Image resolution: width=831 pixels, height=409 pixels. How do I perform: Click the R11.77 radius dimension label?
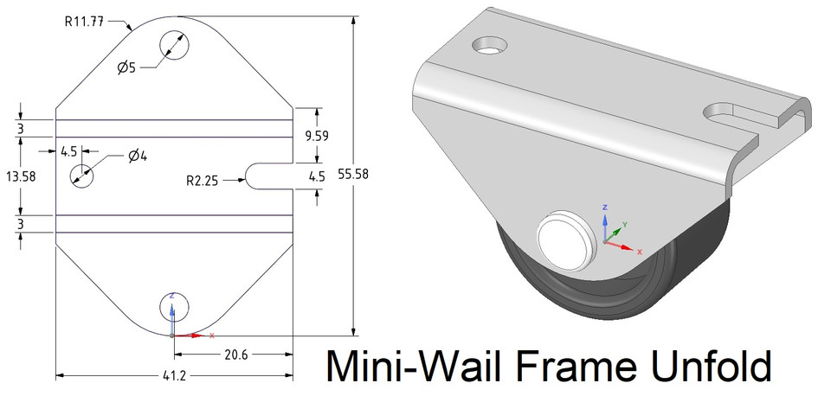point(89,22)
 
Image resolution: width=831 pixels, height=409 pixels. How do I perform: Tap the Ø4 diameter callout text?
point(138,156)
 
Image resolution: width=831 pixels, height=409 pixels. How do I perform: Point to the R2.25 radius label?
point(203,181)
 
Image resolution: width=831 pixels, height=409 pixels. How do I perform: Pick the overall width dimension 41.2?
point(174,377)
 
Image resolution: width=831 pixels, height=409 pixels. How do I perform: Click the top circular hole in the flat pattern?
point(174,45)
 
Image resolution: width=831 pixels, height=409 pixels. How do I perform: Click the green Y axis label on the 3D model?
point(625,224)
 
